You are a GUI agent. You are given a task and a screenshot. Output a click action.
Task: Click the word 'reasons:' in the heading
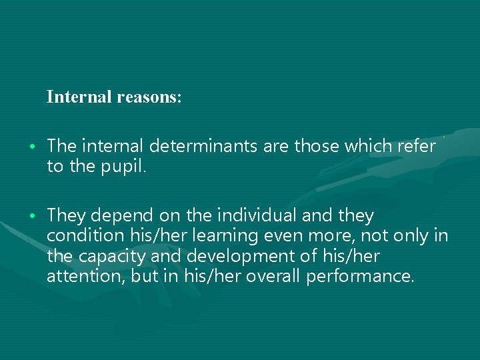149,97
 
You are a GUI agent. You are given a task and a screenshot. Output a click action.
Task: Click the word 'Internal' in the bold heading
79,97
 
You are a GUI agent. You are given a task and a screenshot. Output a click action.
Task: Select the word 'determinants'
204,146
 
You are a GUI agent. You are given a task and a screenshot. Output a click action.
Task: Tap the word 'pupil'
124,166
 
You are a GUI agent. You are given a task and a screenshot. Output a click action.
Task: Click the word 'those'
317,146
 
